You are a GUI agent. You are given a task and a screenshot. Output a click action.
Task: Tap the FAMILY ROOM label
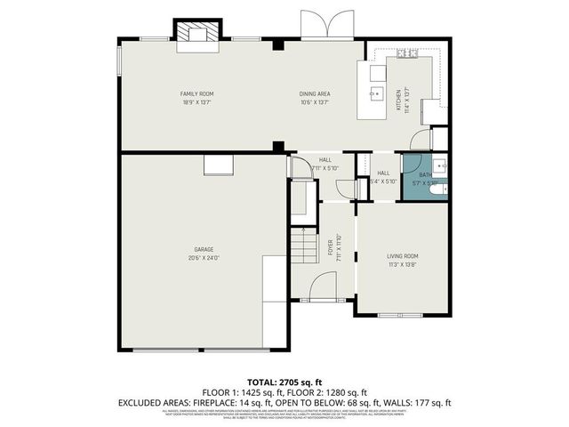(x=197, y=93)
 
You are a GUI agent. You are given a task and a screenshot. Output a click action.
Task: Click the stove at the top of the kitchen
(x=408, y=54)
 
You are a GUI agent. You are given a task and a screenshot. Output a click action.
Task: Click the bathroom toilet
(x=433, y=189)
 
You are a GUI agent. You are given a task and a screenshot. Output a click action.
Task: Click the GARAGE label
(x=204, y=250)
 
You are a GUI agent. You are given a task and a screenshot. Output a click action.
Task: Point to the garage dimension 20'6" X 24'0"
(x=204, y=258)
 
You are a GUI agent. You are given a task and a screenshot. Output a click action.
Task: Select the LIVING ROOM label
(x=403, y=256)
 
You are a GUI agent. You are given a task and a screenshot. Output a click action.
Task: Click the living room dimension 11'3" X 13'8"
(x=403, y=264)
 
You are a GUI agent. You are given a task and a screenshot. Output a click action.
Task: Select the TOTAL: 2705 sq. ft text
(x=284, y=381)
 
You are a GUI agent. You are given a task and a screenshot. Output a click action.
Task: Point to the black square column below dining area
(x=279, y=147)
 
